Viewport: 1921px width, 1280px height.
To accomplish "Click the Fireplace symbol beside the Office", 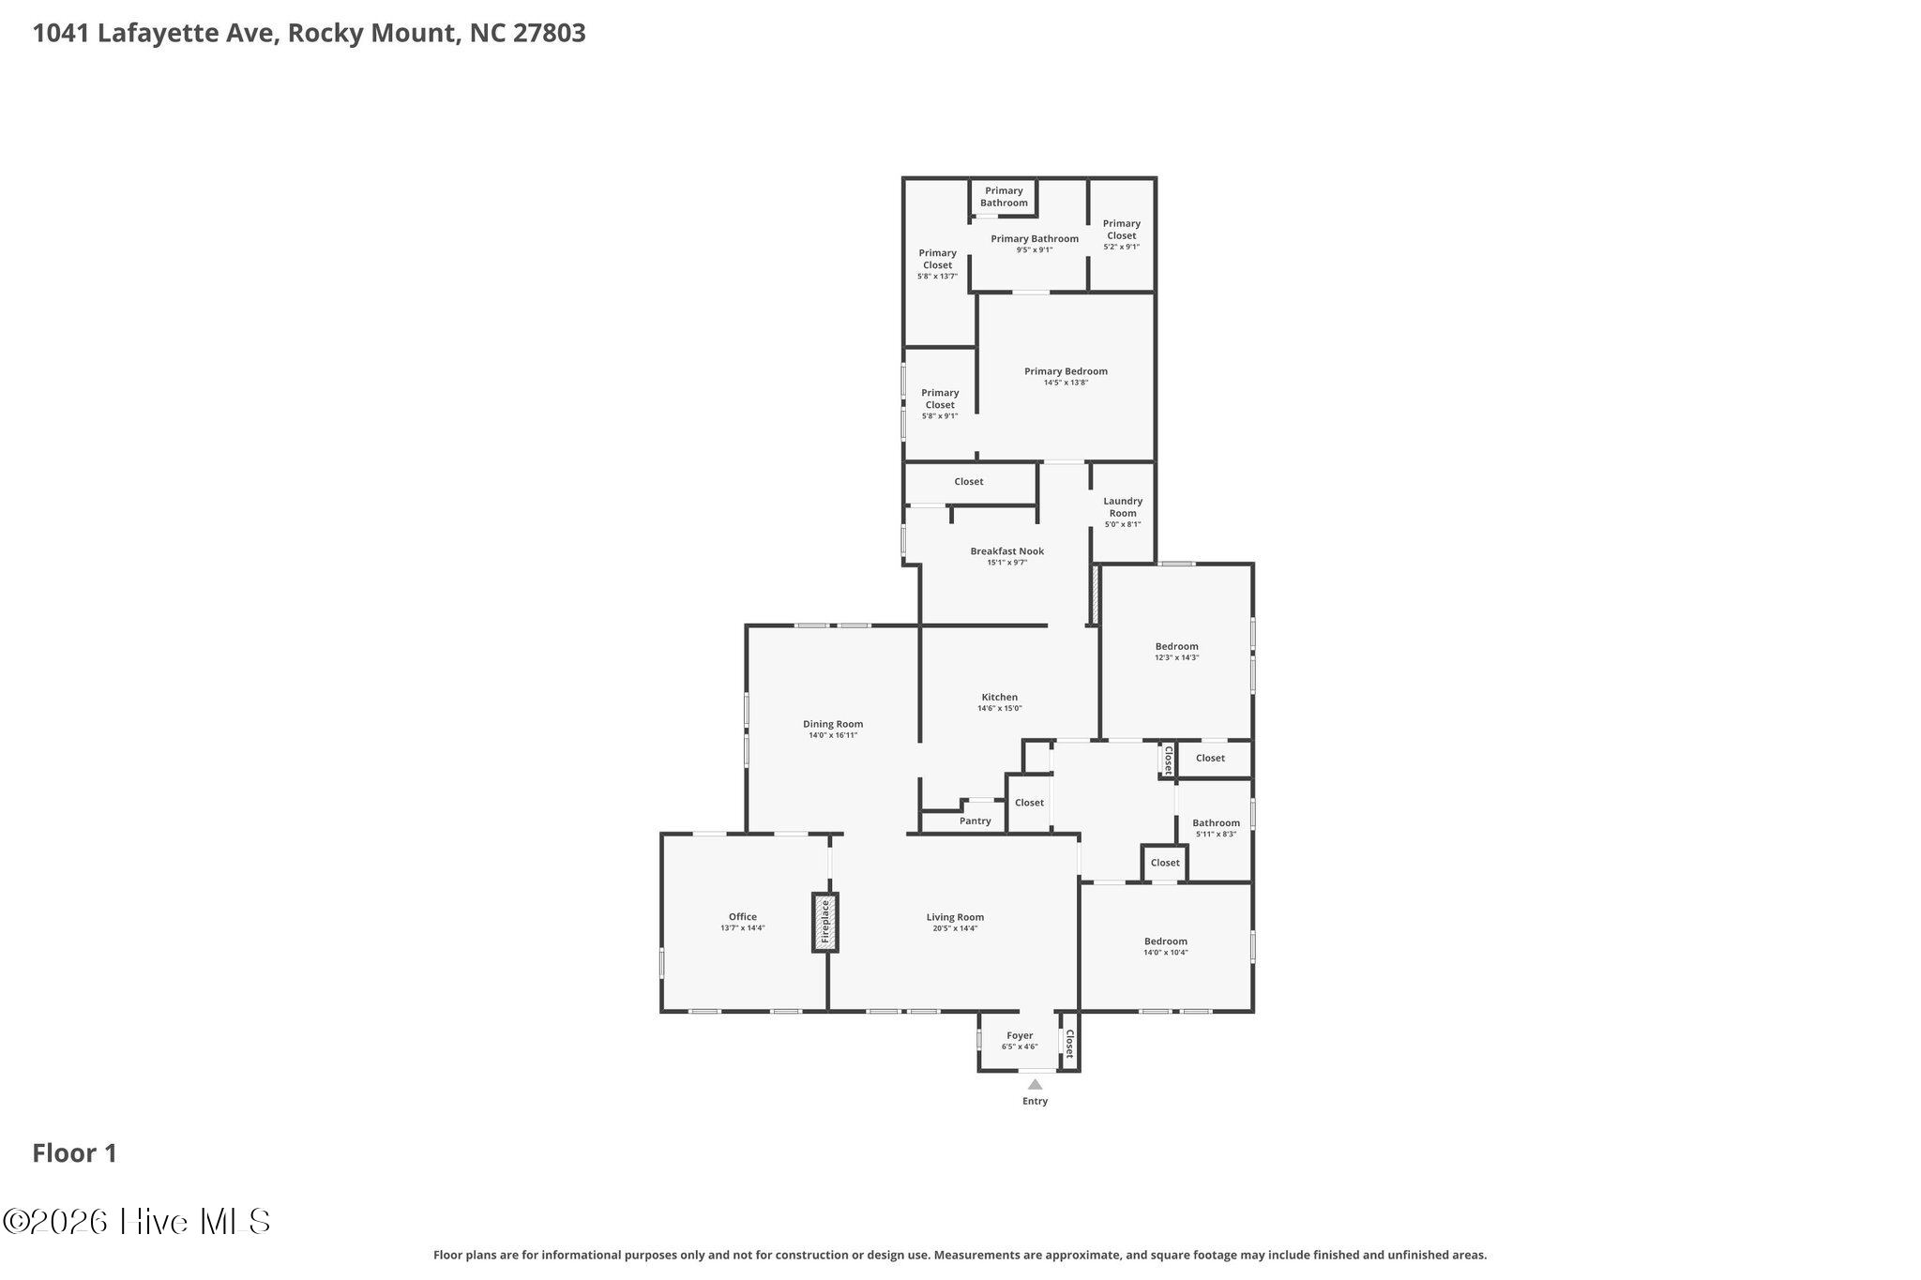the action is (x=825, y=922).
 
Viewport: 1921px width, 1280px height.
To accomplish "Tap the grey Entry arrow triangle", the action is (x=1035, y=1084).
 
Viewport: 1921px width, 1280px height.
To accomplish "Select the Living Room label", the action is (x=955, y=917).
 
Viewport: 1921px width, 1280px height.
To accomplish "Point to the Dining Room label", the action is (x=833, y=724).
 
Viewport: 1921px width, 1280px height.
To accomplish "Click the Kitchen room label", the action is (x=1000, y=697).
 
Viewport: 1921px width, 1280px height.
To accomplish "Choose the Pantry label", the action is (x=976, y=821).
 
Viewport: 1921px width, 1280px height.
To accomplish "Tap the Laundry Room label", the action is (x=1123, y=506).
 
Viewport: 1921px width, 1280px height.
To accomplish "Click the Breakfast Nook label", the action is (x=1007, y=551).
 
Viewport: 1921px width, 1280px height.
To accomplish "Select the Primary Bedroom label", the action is (x=1066, y=371).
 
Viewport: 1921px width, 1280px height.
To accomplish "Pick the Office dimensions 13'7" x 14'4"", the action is (x=743, y=928).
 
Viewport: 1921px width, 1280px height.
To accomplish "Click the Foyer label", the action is (x=1020, y=1035).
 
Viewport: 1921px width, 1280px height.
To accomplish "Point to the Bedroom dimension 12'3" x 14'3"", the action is (x=1177, y=657).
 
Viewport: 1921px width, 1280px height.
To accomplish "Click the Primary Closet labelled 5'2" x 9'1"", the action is (x=1122, y=234).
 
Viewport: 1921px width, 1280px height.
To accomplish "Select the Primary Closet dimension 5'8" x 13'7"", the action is (x=938, y=277).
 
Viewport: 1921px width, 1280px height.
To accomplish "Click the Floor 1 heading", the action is (x=75, y=1153).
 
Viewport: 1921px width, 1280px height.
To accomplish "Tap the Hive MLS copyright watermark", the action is (x=137, y=1221).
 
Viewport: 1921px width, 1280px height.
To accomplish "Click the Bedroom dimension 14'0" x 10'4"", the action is (x=1166, y=953).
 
